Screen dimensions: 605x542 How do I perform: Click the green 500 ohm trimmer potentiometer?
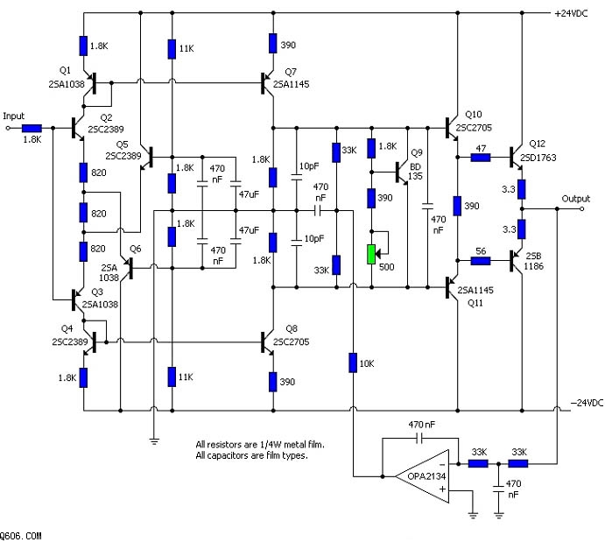click(x=371, y=254)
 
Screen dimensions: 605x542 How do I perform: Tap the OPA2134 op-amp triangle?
click(x=423, y=476)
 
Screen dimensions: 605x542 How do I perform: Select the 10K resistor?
click(x=353, y=363)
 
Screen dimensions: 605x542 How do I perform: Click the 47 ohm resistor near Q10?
click(x=481, y=157)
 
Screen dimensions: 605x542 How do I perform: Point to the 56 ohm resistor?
click(x=481, y=261)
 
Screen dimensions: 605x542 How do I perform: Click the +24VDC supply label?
click(x=571, y=13)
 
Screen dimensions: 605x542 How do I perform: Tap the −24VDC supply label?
click(x=587, y=403)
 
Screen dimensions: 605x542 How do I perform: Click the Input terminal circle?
click(x=7, y=128)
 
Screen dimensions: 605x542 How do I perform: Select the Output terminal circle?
click(x=582, y=208)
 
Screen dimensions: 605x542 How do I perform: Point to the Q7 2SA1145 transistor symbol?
click(x=266, y=82)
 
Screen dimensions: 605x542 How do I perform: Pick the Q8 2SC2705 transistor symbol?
click(x=266, y=341)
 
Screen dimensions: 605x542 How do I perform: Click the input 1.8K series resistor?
click(x=32, y=128)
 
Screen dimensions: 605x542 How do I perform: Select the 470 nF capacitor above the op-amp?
click(x=420, y=438)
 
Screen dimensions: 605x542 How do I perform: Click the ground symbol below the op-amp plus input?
click(x=473, y=515)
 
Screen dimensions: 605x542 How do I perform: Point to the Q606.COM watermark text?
click(x=20, y=536)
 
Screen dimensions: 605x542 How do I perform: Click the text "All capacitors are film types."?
click(x=251, y=455)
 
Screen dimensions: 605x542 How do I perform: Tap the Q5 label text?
click(x=122, y=144)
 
